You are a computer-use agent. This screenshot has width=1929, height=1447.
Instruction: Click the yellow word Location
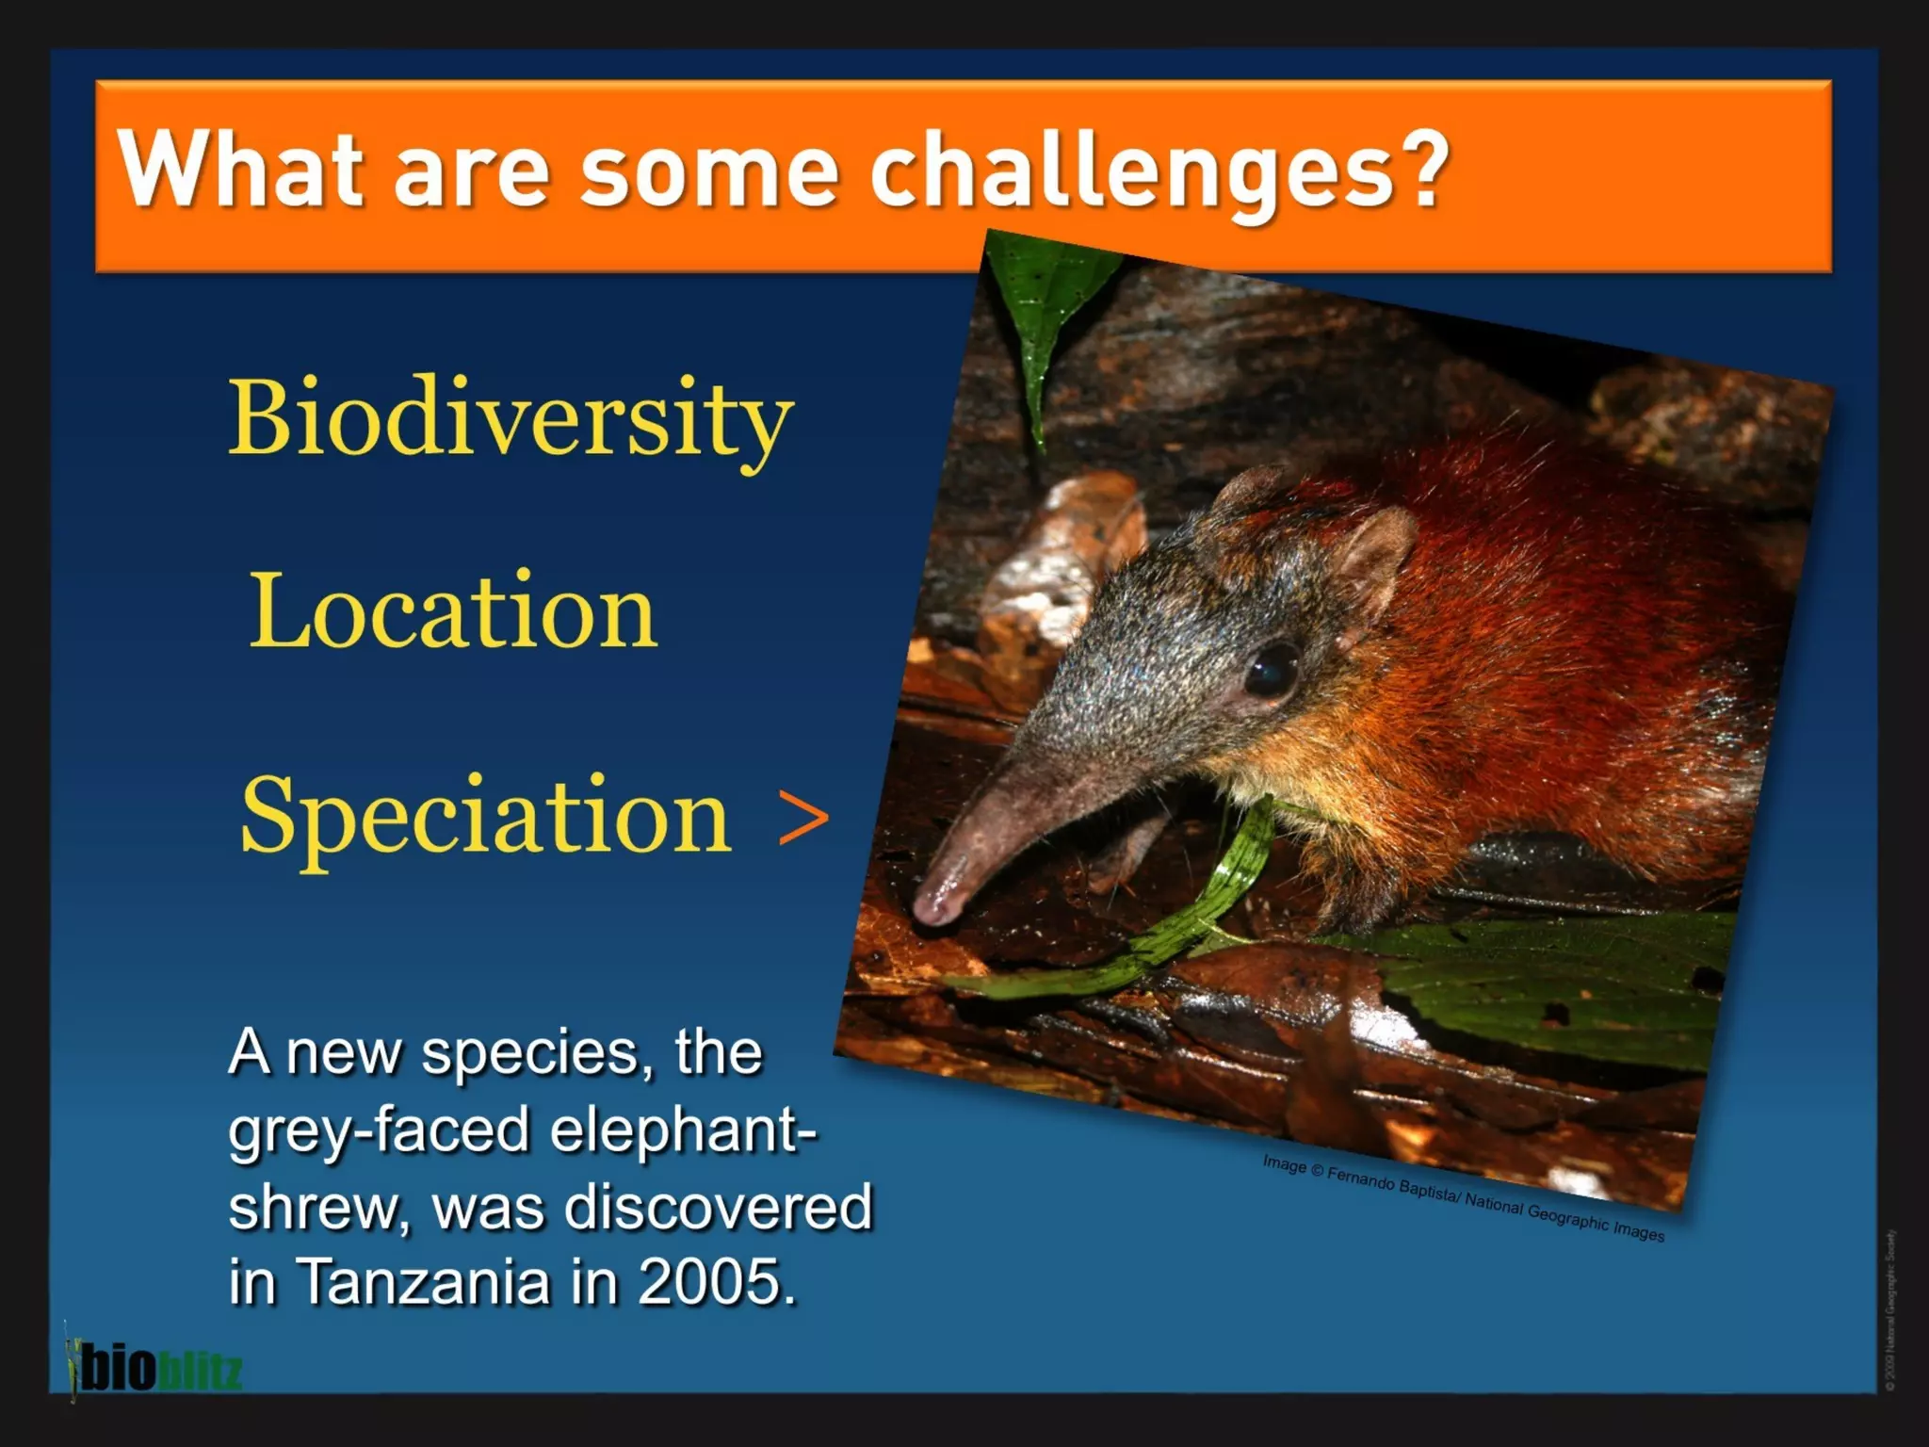tap(453, 610)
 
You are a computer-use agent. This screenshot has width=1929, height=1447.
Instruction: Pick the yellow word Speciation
tap(486, 816)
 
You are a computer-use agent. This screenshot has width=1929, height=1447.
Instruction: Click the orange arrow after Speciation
tap(803, 818)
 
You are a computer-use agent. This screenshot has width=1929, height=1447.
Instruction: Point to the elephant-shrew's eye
tap(1272, 669)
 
